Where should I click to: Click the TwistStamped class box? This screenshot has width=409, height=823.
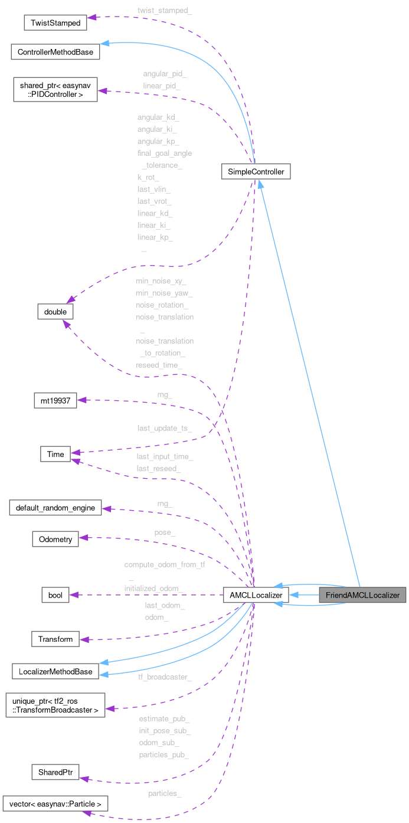tap(55, 22)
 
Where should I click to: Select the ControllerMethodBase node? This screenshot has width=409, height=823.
tap(55, 52)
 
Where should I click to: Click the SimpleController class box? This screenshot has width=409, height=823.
tap(256, 172)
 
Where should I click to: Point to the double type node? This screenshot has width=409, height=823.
tap(55, 311)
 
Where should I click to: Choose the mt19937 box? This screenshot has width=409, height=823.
tap(55, 400)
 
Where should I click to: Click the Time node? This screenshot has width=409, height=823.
tap(55, 454)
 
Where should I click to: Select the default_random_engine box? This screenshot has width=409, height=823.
tap(55, 507)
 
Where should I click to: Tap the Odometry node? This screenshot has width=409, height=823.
tap(55, 538)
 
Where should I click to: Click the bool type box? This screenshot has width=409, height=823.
tap(55, 595)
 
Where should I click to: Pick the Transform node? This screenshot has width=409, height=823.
tap(55, 639)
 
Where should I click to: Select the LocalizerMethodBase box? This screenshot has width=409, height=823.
tap(55, 671)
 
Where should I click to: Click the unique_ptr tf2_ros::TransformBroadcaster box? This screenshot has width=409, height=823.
tap(55, 705)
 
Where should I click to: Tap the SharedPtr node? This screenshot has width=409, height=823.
tap(55, 772)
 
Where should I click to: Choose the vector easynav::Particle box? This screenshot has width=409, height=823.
tap(55, 804)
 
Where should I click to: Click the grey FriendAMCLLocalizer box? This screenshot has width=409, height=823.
tap(362, 595)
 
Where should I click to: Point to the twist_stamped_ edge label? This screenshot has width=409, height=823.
tap(165, 11)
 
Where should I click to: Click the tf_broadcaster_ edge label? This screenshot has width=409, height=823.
tap(164, 677)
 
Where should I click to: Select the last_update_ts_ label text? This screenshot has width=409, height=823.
tap(165, 427)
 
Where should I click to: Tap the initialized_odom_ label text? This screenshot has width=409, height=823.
tap(153, 589)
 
